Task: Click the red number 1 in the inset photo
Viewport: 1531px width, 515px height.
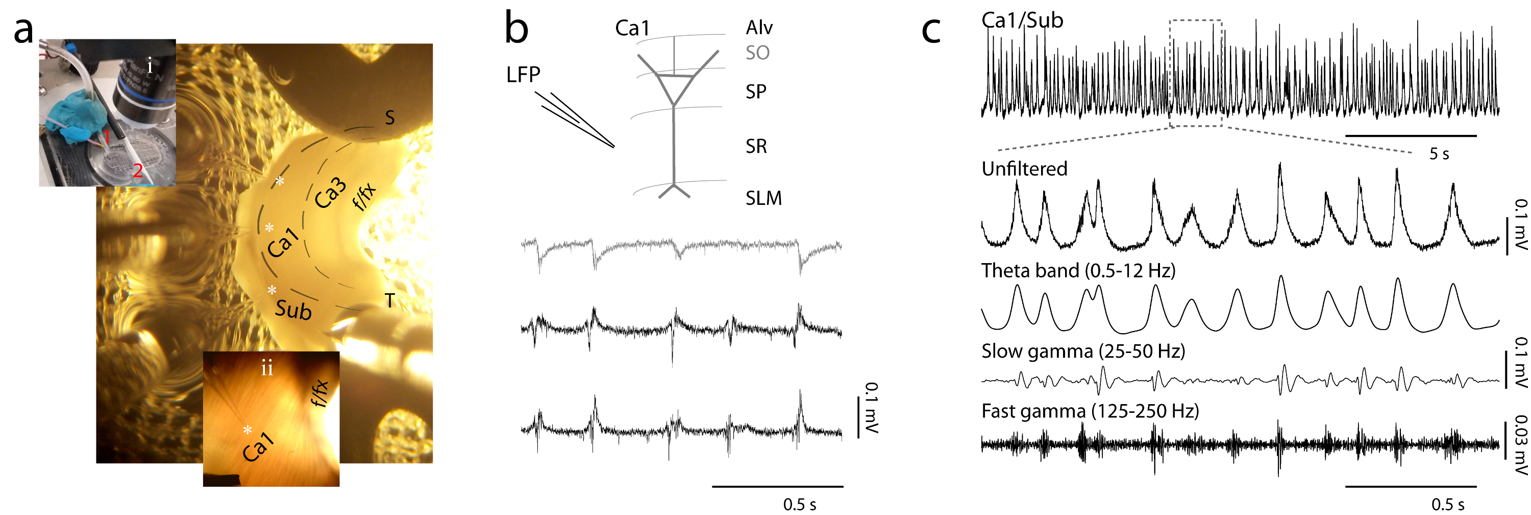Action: pyautogui.click(x=106, y=137)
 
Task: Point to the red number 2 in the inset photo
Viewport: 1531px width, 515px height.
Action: pyautogui.click(x=137, y=171)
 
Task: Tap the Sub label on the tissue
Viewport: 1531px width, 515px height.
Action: pyautogui.click(x=293, y=310)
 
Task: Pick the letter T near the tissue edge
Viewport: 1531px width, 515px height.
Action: pyautogui.click(x=390, y=301)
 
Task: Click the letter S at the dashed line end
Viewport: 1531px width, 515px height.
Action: pyautogui.click(x=390, y=118)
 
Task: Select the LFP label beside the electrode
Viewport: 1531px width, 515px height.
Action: pyautogui.click(x=523, y=75)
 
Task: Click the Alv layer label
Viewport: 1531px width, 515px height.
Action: pyautogui.click(x=759, y=28)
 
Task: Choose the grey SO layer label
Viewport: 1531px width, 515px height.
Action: pyautogui.click(x=757, y=53)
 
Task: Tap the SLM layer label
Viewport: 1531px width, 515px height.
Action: pyautogui.click(x=764, y=198)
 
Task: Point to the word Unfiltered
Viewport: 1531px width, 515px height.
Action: pyautogui.click(x=1024, y=169)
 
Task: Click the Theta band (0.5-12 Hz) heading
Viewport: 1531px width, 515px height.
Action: pyautogui.click(x=1078, y=271)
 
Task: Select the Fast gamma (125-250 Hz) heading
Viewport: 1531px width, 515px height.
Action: pyautogui.click(x=1090, y=411)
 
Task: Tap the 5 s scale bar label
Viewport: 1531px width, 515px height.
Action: pyautogui.click(x=1439, y=154)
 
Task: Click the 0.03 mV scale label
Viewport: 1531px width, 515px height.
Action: pyautogui.click(x=1520, y=445)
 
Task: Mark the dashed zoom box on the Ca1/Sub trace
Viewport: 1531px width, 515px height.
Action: pyautogui.click(x=1195, y=73)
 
